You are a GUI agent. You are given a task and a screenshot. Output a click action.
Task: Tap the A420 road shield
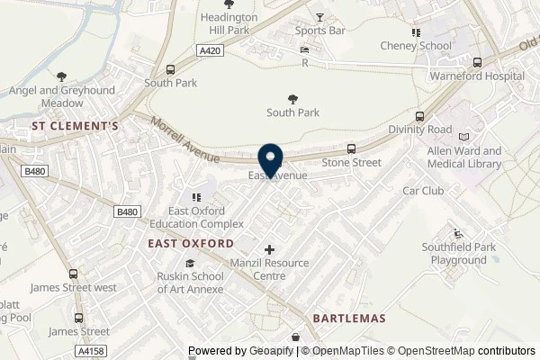210,52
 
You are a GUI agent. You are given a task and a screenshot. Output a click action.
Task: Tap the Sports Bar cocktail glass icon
319,17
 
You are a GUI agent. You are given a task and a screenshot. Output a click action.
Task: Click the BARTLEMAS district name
348,319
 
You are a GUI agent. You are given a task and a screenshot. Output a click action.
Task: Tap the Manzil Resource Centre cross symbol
270,248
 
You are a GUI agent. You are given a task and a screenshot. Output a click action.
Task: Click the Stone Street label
351,163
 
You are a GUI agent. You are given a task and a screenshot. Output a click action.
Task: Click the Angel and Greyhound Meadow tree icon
61,76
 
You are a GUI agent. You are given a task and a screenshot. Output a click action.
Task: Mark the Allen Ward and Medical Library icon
464,136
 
